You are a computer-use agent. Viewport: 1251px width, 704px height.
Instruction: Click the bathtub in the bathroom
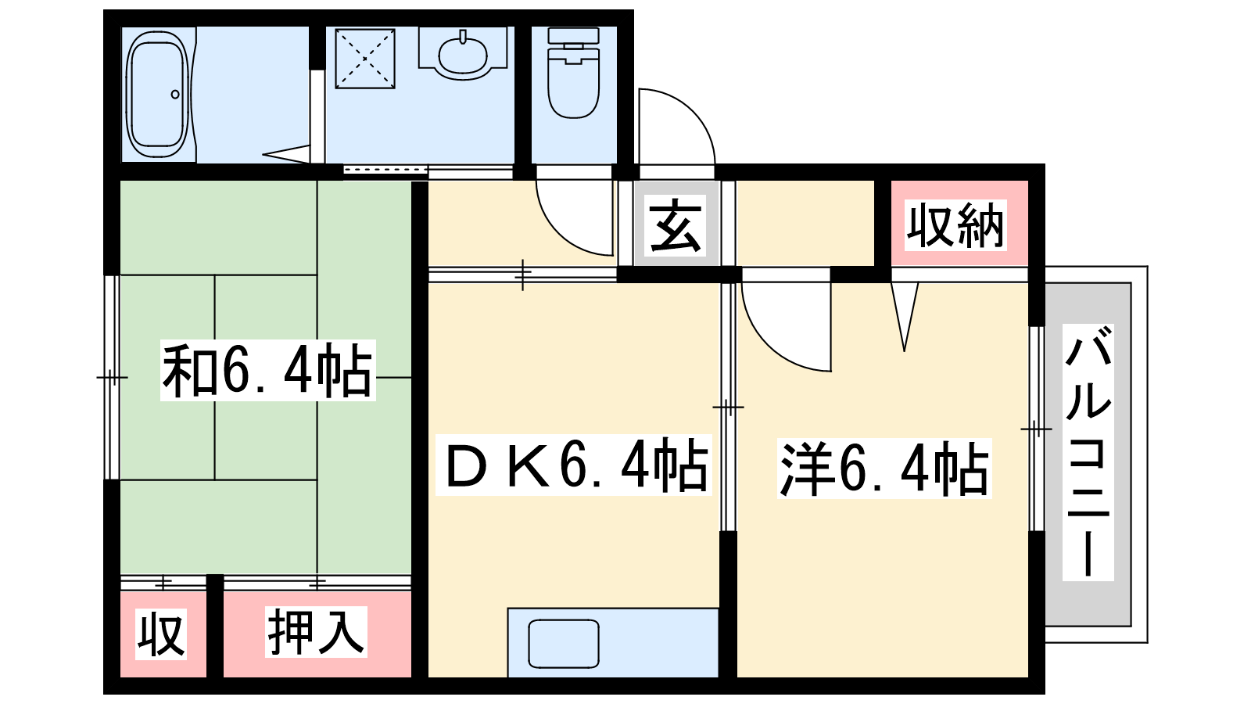tap(157, 95)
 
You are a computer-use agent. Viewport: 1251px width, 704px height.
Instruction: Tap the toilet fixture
tap(574, 73)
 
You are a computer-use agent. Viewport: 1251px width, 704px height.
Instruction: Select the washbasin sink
tap(463, 54)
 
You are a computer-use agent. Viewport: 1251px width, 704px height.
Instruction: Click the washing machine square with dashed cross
tap(364, 59)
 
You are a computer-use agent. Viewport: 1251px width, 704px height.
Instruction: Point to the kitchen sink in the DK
tap(564, 644)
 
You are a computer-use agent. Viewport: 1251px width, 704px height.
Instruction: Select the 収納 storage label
tap(955, 225)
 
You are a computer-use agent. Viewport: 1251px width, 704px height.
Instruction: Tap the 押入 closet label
tap(316, 631)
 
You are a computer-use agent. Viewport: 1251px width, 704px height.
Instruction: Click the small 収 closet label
tap(161, 634)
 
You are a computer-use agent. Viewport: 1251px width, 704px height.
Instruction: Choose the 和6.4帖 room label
tap(267, 371)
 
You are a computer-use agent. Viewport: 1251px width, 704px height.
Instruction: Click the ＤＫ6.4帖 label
tap(574, 465)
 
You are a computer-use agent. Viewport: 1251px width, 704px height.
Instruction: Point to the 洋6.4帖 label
tap(884, 469)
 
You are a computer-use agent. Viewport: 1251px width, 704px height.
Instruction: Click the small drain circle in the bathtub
tap(175, 95)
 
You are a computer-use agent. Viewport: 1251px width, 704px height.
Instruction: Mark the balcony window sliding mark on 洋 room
tap(1037, 429)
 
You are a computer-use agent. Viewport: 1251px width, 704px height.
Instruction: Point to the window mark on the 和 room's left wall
tap(113, 378)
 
